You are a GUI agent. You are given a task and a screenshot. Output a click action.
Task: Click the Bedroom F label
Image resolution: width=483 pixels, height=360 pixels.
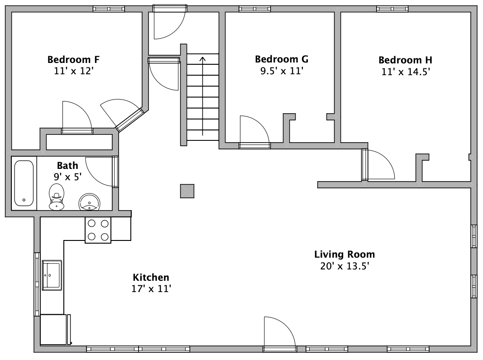point(73,59)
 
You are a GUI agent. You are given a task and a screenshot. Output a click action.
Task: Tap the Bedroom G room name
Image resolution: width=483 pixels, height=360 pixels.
point(282,59)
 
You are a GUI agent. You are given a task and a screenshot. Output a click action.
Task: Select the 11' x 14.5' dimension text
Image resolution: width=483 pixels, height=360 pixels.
point(406,72)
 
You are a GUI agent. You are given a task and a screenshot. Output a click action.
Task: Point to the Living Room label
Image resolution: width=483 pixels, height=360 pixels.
point(344,254)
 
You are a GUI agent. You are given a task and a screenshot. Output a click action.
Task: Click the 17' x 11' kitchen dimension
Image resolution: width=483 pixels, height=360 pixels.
point(151,289)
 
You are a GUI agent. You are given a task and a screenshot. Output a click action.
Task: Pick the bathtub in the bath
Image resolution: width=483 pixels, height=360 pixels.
point(24,183)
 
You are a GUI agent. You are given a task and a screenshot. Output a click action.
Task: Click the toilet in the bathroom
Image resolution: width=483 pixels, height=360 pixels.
point(57,197)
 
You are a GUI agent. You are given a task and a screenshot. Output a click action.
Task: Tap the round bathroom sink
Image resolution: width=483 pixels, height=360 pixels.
point(89,202)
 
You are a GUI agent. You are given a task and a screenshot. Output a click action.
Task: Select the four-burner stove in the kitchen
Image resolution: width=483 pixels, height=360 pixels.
point(98,230)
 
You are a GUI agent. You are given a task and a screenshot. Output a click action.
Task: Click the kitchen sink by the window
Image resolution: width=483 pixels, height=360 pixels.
point(52,275)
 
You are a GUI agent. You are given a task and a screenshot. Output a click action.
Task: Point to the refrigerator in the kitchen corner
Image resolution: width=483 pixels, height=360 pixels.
point(55,330)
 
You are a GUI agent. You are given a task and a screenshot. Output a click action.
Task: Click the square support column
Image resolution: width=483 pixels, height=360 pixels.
point(187,191)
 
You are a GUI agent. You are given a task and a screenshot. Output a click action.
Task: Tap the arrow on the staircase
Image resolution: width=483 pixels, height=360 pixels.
point(202,96)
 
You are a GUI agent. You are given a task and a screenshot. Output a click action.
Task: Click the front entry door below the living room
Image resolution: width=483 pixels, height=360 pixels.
point(280,334)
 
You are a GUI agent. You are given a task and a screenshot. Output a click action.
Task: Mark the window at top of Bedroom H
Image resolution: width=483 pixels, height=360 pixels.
point(392,9)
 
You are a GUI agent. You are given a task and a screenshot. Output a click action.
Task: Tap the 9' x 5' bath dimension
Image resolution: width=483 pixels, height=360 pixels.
point(67,177)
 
